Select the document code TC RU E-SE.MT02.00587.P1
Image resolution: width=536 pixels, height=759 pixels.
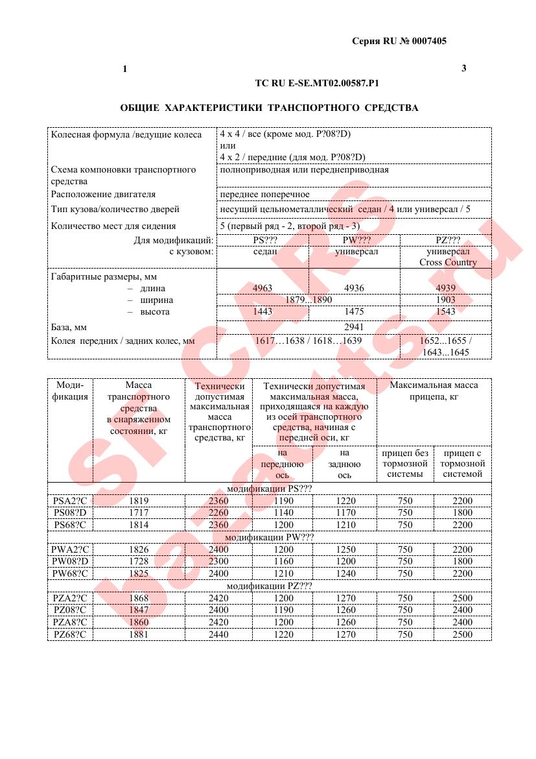pos(318,84)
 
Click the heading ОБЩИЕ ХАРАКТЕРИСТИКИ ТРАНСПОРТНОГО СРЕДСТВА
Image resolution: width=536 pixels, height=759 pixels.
pos(270,108)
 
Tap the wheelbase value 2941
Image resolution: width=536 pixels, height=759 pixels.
pos(353,327)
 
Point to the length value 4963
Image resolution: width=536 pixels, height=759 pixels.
pos(262,288)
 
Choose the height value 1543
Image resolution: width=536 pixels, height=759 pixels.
pos(445,311)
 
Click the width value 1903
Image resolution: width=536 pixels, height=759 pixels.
pos(445,300)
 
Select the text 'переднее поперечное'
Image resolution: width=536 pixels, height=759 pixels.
pos(264,194)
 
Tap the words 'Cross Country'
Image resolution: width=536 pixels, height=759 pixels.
pos(447,262)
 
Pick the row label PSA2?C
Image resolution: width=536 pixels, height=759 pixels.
pos(70,501)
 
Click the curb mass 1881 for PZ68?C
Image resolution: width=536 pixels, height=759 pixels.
pos(139,634)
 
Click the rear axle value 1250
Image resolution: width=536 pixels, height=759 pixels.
pos(345,549)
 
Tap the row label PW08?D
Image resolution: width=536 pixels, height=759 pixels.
pos(70,561)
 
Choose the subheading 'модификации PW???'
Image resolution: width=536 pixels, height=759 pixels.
pos(269,537)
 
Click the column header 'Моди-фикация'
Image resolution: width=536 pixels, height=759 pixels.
pos(70,391)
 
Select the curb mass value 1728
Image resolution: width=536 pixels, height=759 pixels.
pos(139,561)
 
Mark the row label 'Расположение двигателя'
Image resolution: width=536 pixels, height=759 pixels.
pos(104,194)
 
